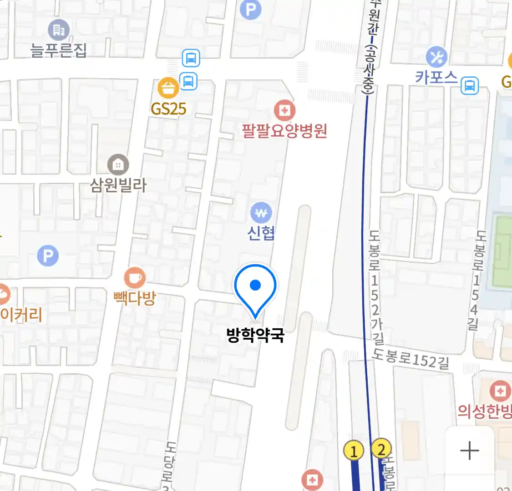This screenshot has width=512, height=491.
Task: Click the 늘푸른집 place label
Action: click(58, 50)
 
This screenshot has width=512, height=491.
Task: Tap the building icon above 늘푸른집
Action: click(59, 30)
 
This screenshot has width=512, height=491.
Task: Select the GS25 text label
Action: click(168, 109)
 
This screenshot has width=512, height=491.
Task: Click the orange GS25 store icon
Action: click(168, 88)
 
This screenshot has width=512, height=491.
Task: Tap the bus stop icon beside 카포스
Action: click(470, 85)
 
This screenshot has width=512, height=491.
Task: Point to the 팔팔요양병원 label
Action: click(284, 131)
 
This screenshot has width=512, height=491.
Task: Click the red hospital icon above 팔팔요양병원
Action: click(284, 110)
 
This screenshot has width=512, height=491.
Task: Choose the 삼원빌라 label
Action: click(118, 185)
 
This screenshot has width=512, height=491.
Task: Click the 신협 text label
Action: click(261, 233)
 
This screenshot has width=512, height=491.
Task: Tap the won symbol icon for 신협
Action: click(261, 212)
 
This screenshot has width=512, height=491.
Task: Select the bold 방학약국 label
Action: click(255, 336)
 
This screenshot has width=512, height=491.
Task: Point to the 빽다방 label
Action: click(135, 298)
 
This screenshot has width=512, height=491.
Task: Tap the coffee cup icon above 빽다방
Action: click(135, 277)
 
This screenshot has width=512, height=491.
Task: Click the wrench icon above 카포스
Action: click(436, 57)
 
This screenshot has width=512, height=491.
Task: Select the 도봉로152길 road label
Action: click(411, 359)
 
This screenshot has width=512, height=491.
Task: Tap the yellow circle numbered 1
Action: click(354, 451)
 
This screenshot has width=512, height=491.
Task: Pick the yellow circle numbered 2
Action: click(381, 449)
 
